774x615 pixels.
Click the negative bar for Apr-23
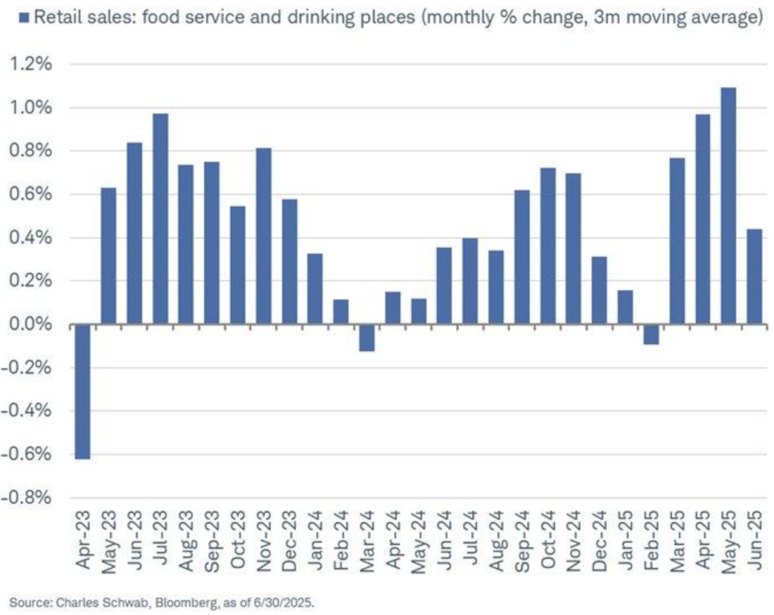coord(82,391)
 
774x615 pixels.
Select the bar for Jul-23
coord(160,219)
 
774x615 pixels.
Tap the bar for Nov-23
coord(264,236)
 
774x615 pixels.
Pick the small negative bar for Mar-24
coord(367,337)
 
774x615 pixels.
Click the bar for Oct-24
coord(548,246)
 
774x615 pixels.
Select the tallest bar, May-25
coord(729,206)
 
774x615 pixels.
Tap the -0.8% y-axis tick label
coord(27,498)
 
